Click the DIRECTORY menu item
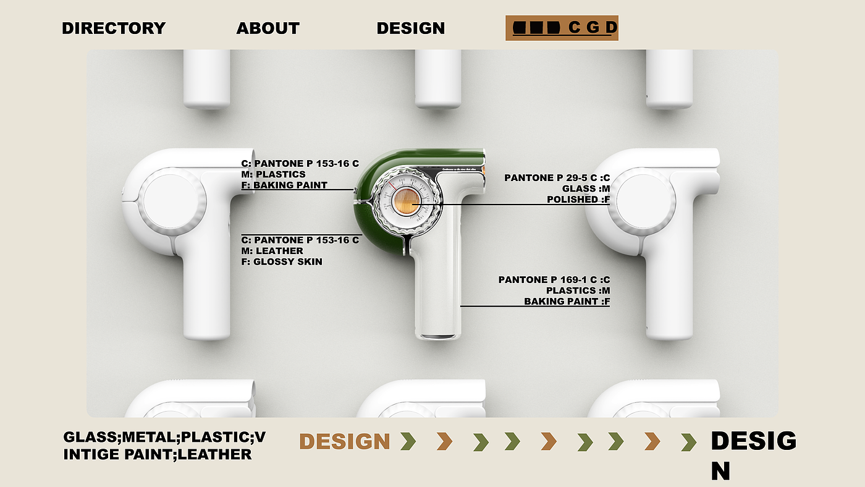[114, 28]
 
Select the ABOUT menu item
[268, 28]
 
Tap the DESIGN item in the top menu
[410, 28]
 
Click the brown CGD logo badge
[562, 28]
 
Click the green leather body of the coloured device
[371, 241]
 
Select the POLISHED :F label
[578, 200]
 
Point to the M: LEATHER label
[272, 251]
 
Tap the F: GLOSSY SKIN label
[281, 262]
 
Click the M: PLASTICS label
[273, 174]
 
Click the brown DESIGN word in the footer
[345, 441]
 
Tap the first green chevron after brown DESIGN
[407, 441]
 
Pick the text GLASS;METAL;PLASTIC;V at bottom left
[164, 438]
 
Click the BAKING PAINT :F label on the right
[567, 302]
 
